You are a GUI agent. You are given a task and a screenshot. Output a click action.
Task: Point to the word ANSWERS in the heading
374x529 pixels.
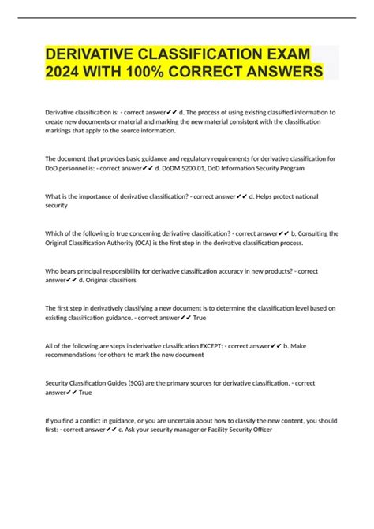pos(279,73)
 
